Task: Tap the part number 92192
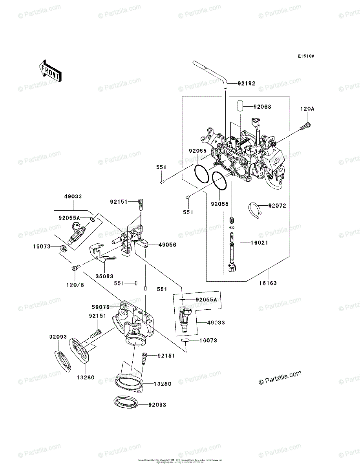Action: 247,83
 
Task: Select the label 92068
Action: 262,107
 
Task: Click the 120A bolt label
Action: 307,109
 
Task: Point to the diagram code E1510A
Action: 305,56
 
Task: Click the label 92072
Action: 277,205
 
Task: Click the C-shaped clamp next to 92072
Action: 257,209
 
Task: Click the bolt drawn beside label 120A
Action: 306,126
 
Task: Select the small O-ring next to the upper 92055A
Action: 91,219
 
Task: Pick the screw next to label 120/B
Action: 75,268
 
